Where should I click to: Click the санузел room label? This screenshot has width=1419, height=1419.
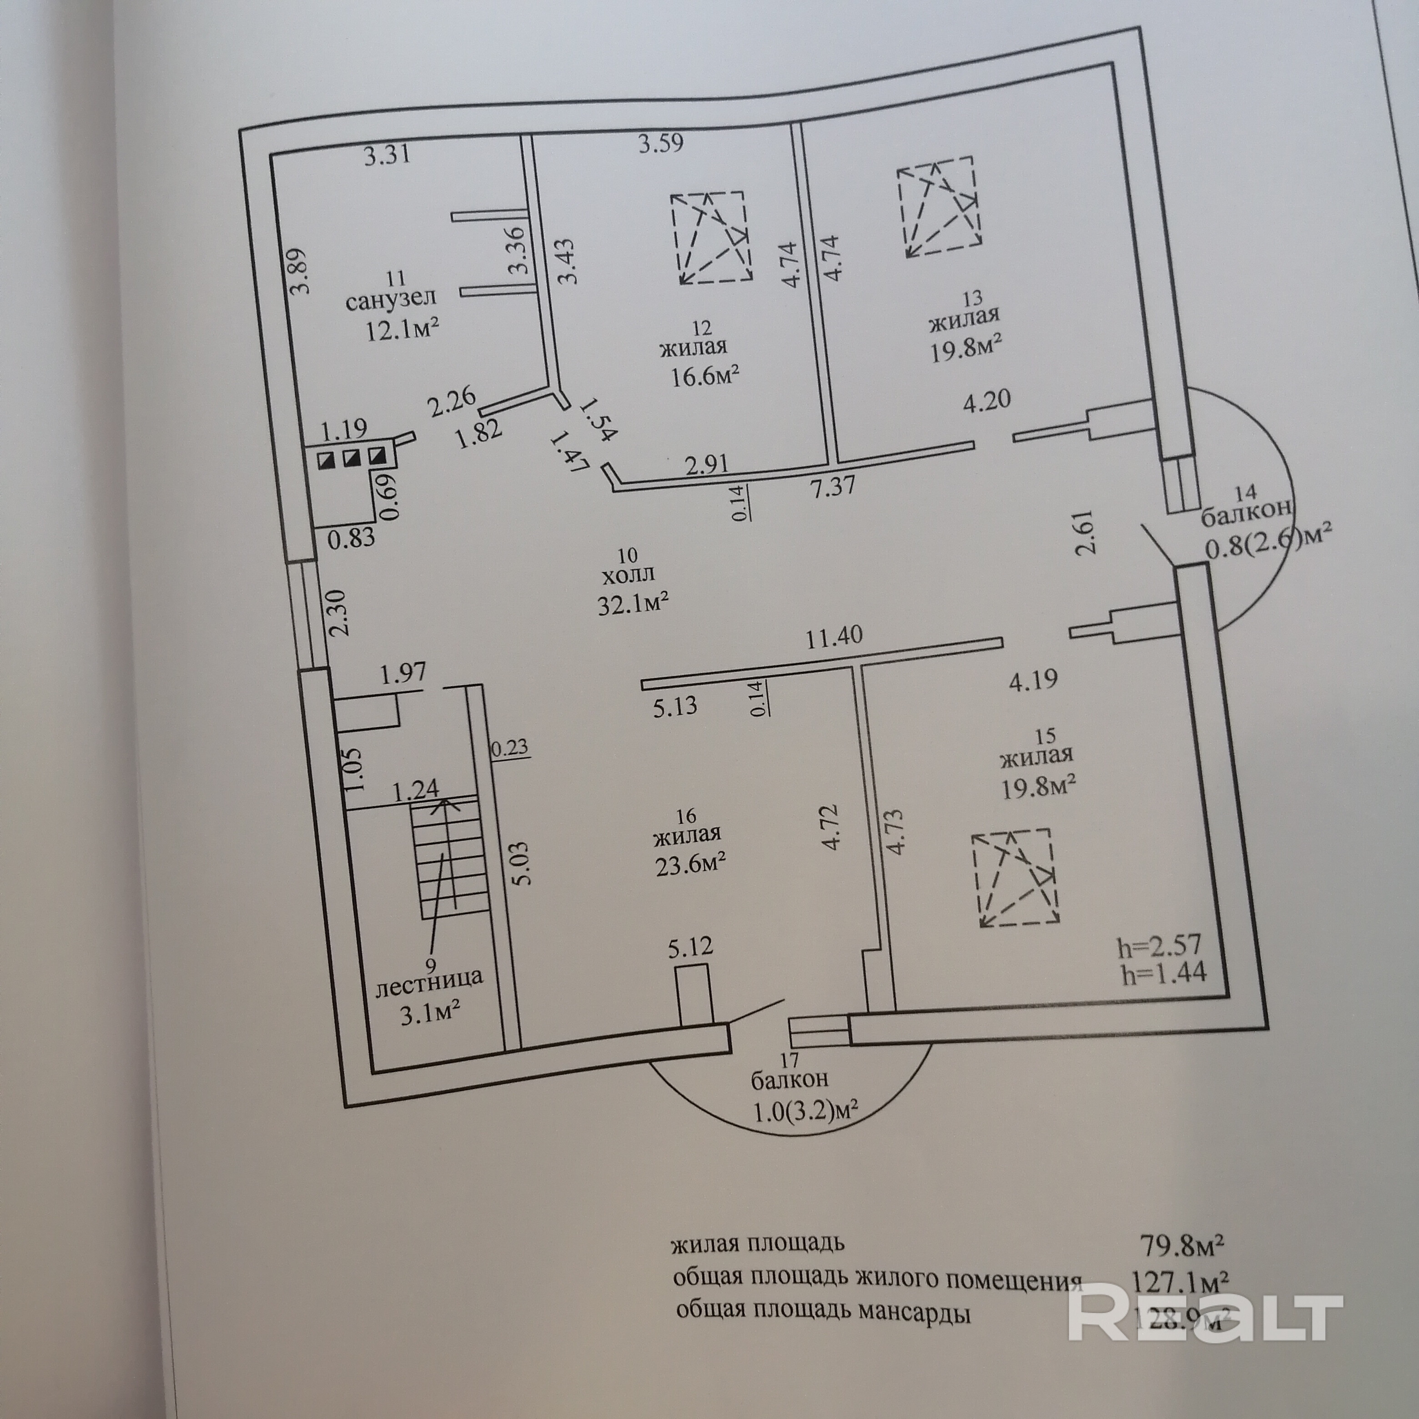tap(391, 300)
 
